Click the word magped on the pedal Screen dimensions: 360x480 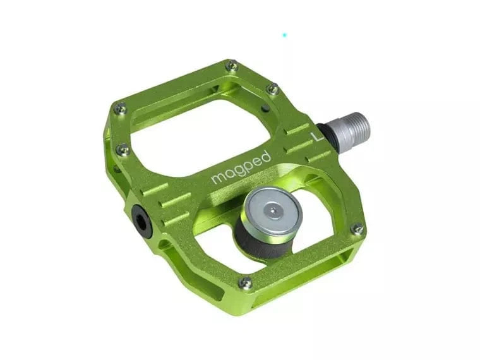[241, 168]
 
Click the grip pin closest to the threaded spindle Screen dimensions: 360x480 [273, 90]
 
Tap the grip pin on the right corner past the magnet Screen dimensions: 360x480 [357, 229]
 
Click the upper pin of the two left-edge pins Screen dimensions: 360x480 [119, 109]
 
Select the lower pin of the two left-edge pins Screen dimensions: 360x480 [124, 150]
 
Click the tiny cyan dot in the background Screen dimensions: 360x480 [284, 35]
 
